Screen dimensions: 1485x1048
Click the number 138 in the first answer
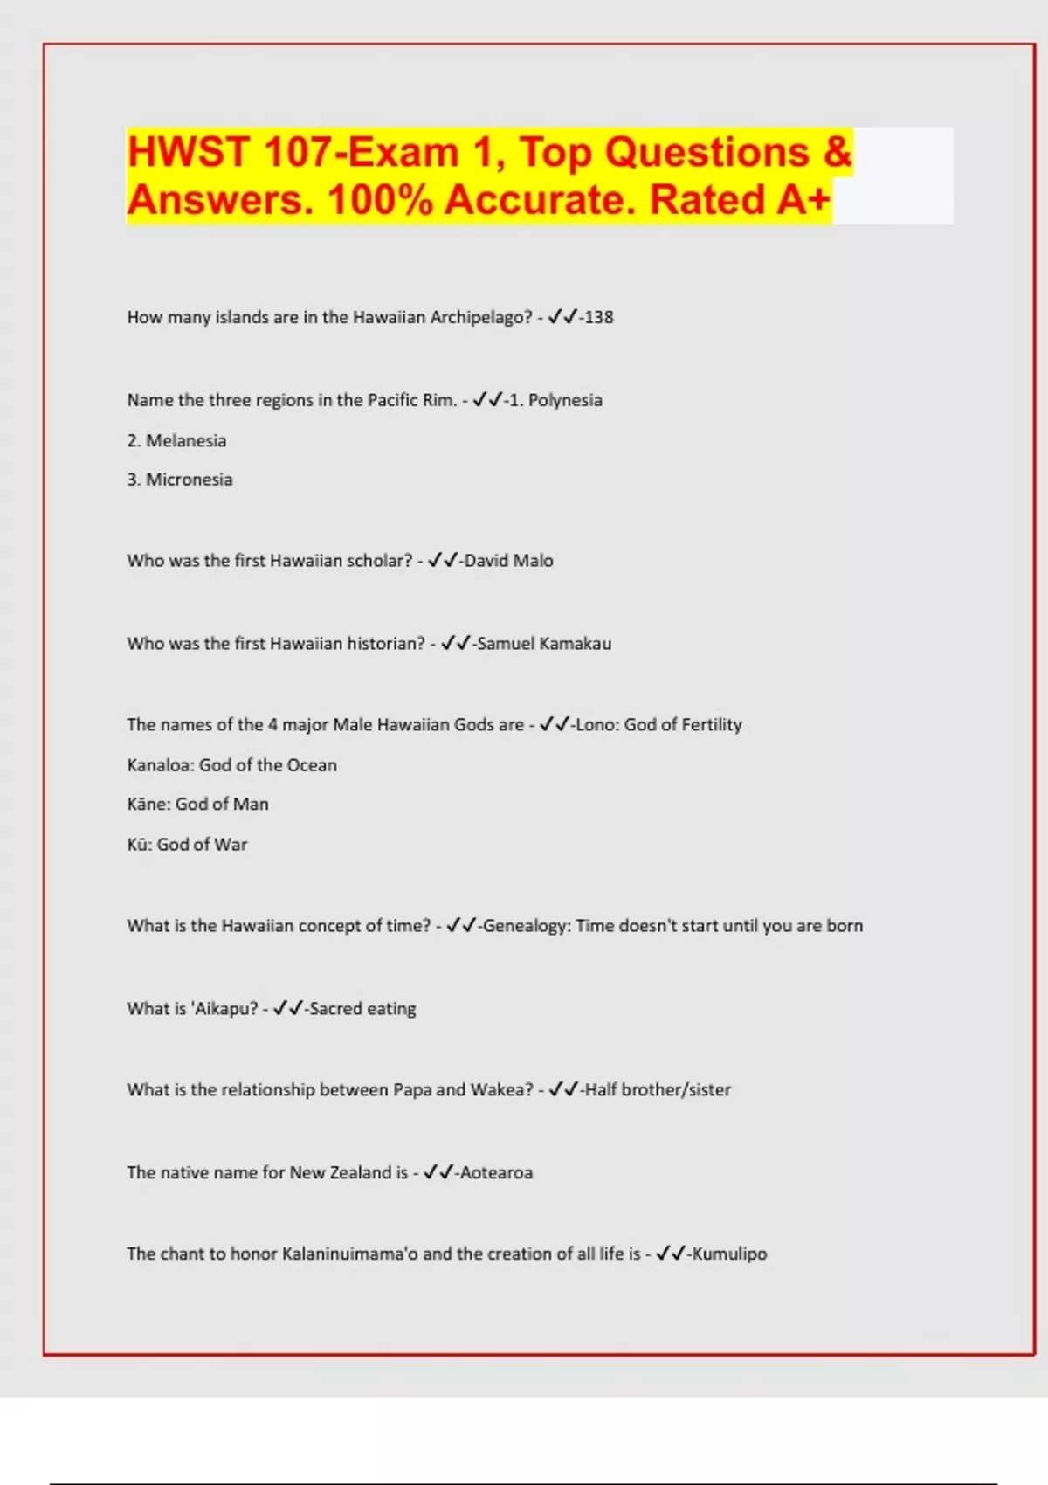(x=599, y=317)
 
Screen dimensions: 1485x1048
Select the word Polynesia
(x=565, y=400)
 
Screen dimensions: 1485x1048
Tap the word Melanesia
(x=186, y=440)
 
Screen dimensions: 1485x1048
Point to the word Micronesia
(x=189, y=480)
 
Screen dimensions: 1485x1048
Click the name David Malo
(x=508, y=561)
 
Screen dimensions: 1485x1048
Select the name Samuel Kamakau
(x=544, y=644)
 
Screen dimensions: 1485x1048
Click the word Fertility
(x=710, y=725)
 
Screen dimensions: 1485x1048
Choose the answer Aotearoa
(x=496, y=1173)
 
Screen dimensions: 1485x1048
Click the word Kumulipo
(x=729, y=1254)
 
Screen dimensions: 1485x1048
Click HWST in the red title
(x=188, y=152)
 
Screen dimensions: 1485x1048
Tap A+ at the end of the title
(x=803, y=199)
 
